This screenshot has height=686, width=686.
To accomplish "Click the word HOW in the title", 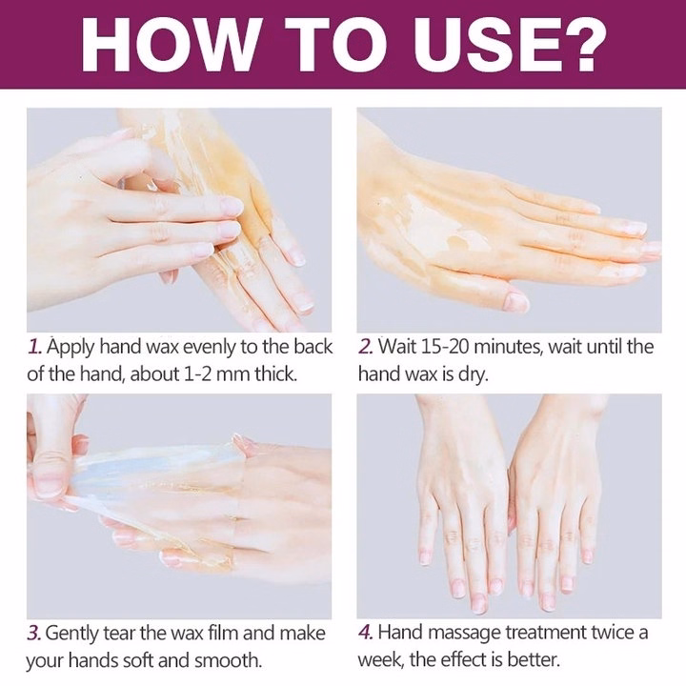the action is coord(169,45).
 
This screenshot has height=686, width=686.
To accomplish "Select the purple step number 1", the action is coord(34,347).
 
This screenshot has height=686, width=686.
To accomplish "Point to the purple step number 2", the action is coord(366,347).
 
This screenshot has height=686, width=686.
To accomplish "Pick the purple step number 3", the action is coord(34,634).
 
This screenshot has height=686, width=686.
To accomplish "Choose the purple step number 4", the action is coord(366,633).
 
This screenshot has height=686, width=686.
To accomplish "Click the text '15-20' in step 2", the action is coord(444,347).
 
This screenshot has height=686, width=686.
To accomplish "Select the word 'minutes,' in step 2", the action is coord(509,347).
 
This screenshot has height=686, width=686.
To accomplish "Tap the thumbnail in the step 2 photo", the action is coord(516,301).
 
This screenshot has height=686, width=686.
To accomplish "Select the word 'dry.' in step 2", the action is coord(473,375).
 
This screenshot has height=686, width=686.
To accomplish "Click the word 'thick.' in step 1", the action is coord(276,374).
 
